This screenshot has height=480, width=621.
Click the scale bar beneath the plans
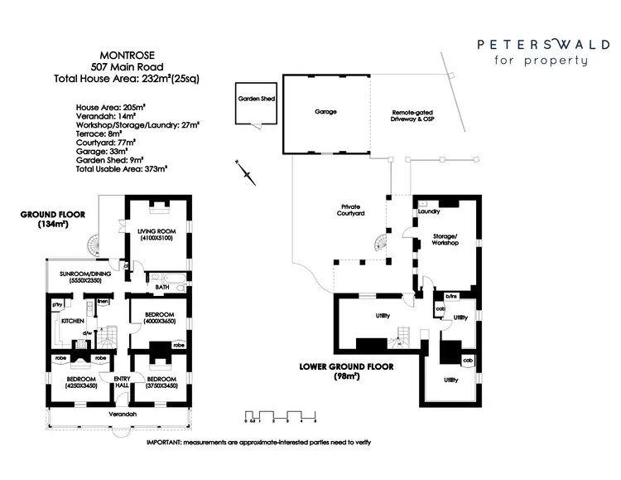281,414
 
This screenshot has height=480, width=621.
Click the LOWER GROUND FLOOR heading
345,366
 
